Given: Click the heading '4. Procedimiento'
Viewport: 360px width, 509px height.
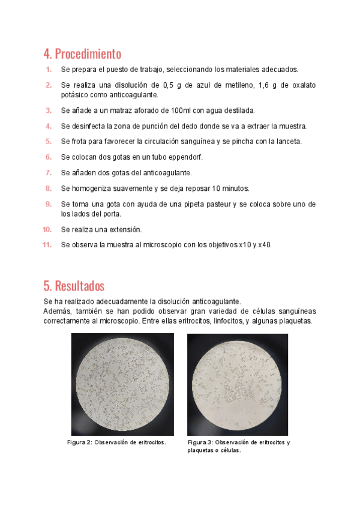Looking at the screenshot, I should [82, 53].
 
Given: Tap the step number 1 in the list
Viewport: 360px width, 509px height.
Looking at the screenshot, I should [49, 70].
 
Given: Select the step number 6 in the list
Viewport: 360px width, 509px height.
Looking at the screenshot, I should [48, 157].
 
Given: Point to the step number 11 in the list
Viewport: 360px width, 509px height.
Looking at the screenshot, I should [47, 245].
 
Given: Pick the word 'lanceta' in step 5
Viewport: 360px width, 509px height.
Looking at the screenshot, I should [287, 142].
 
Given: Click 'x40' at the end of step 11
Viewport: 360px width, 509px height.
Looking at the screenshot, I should [265, 245].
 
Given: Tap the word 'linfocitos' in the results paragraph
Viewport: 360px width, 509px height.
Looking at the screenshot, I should [225, 321].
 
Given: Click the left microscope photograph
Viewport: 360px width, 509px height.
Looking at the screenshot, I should [122, 384].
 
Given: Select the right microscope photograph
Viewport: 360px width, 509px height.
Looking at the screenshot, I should [238, 384].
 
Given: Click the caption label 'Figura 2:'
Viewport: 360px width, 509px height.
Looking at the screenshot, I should [79, 442].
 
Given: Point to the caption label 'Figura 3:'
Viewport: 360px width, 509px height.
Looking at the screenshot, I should [200, 442].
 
